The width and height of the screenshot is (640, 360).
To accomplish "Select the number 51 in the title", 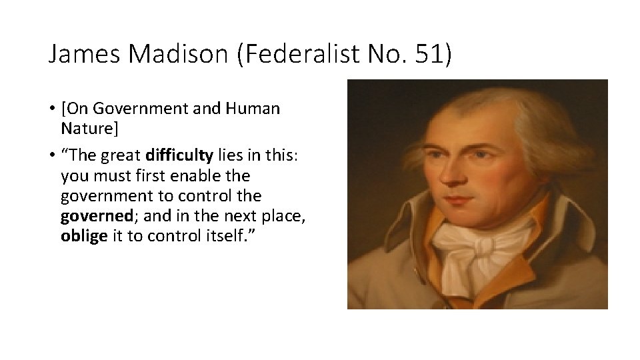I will point(429,55).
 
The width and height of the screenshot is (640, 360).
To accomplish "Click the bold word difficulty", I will point(179,156).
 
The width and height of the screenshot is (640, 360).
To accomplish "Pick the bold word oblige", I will point(83,238).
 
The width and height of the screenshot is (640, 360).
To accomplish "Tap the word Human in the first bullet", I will point(253,108).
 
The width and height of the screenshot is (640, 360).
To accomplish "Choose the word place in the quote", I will point(261,217).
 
